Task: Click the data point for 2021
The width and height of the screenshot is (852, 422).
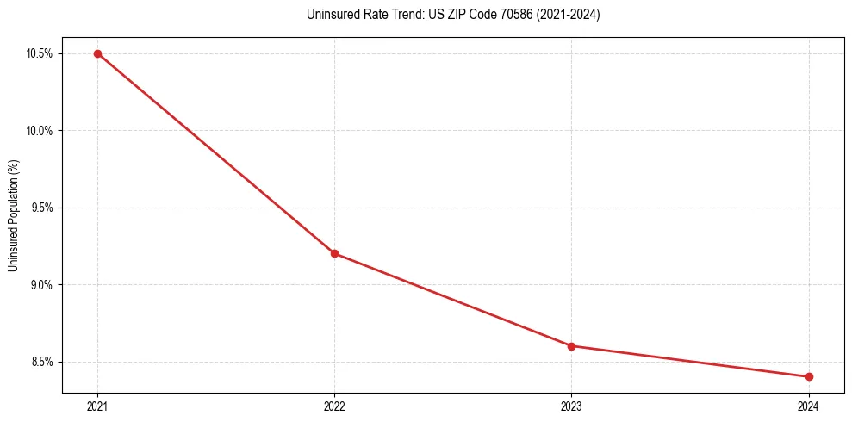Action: click(97, 53)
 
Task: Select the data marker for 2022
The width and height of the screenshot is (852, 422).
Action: click(334, 253)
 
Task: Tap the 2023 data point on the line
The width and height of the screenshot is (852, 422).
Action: click(571, 346)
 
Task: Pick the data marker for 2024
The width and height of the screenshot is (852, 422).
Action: click(809, 376)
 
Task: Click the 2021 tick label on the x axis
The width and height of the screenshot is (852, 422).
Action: click(97, 406)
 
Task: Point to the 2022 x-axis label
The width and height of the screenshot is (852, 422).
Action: click(334, 406)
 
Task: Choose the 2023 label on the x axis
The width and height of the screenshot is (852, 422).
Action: click(571, 406)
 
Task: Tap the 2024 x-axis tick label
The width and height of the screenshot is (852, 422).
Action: click(809, 406)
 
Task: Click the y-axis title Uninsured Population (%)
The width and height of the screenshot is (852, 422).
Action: click(13, 214)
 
